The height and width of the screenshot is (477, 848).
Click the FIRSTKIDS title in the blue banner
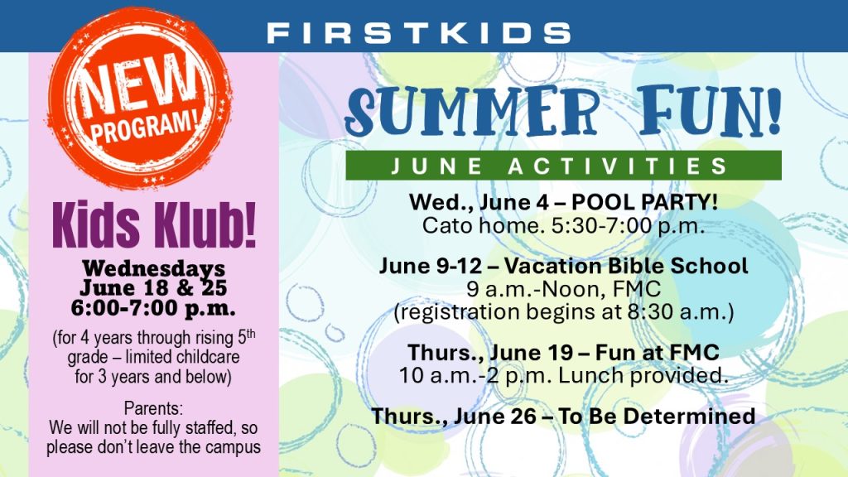pos(419,33)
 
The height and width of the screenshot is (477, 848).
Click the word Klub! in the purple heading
pos(205,225)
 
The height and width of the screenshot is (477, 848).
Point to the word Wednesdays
pos(153,267)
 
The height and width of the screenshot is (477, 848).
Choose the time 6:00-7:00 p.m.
pos(153,308)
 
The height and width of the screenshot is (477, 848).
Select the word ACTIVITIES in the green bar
pos(618,166)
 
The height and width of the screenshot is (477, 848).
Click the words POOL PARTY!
pos(644,202)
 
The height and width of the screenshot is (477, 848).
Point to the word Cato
pos(446,225)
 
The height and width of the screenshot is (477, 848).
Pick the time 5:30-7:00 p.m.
pos(628,225)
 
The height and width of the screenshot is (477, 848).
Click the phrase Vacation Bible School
pos(626,266)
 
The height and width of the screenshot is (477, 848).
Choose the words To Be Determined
pos(657,416)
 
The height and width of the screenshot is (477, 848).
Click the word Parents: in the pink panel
pos(153,407)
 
